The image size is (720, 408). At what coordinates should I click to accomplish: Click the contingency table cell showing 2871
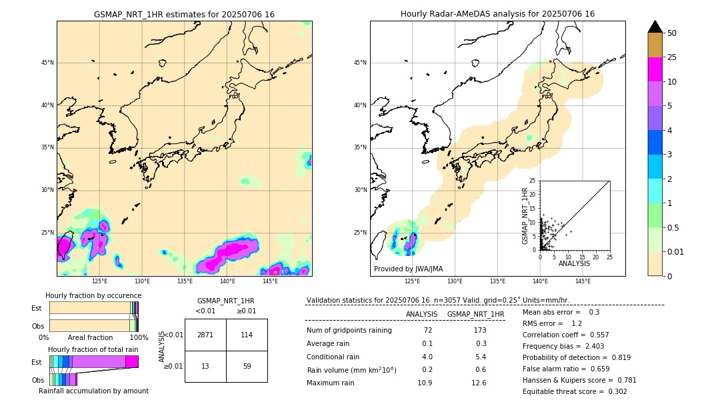click(205, 335)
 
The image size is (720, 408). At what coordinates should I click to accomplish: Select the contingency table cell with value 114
click(247, 335)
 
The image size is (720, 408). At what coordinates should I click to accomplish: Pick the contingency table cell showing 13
click(205, 366)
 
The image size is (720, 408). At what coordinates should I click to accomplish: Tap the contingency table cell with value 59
click(247, 366)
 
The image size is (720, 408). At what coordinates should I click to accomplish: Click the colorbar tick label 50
click(672, 33)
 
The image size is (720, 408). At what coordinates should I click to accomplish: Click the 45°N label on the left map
click(47, 63)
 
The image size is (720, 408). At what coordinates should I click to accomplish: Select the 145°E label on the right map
click(583, 281)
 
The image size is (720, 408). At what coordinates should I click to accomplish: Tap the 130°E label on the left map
click(142, 281)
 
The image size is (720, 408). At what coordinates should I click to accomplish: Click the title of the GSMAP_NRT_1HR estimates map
click(184, 15)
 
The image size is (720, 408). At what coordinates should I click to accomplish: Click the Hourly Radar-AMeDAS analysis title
click(497, 15)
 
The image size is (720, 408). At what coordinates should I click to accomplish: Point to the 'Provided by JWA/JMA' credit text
click(408, 269)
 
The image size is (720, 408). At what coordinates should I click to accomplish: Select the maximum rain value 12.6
click(479, 383)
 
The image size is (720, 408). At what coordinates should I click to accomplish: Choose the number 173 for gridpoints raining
click(479, 331)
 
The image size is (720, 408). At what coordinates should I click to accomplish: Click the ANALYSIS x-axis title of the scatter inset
click(574, 263)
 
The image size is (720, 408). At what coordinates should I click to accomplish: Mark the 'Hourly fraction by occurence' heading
click(93, 296)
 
